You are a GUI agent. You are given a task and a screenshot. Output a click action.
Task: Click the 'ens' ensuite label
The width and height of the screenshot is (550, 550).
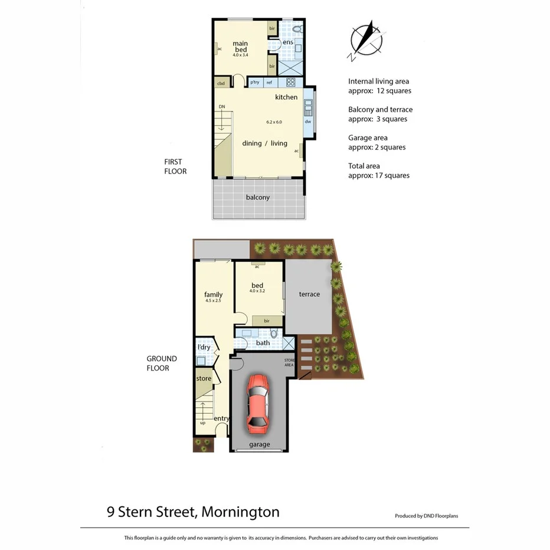pyautogui.click(x=288, y=42)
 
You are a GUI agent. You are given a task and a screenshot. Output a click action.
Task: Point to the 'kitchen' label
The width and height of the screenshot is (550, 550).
pyautogui.click(x=286, y=97)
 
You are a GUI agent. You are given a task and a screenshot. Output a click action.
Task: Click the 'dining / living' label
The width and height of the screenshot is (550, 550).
pyautogui.click(x=264, y=143)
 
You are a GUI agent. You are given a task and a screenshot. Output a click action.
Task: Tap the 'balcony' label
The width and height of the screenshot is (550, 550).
pyautogui.click(x=258, y=197)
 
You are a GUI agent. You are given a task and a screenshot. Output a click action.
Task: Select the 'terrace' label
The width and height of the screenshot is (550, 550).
pyautogui.click(x=309, y=294)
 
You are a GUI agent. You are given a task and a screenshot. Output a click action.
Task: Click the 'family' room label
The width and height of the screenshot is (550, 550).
pyautogui.click(x=213, y=294)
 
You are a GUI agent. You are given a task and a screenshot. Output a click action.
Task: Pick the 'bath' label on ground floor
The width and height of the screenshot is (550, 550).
pyautogui.click(x=263, y=343)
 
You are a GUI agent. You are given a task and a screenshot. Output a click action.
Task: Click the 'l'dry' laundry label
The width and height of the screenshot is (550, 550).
pyautogui.click(x=203, y=348)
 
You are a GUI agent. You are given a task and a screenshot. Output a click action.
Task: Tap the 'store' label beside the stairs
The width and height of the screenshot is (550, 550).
pyautogui.click(x=204, y=378)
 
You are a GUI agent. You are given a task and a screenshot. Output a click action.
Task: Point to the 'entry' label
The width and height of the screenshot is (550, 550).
pyautogui.click(x=221, y=418)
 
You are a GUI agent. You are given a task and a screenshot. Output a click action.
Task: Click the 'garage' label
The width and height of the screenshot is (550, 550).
pyautogui.click(x=259, y=444)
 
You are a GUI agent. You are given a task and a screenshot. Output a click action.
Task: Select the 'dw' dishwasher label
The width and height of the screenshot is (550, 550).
pyautogui.click(x=307, y=122)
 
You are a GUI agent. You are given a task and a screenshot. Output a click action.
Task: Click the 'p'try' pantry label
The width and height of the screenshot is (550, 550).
pyautogui.click(x=255, y=83)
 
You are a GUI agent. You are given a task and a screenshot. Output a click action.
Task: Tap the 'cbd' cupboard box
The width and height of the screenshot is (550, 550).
pyautogui.click(x=221, y=83)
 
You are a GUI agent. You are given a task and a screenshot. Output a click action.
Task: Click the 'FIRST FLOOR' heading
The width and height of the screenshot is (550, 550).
pyautogui.click(x=175, y=166)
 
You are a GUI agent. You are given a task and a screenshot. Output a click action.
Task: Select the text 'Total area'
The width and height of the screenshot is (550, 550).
pyautogui.click(x=364, y=166)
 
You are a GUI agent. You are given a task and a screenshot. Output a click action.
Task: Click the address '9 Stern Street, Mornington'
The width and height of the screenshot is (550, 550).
pyautogui.click(x=193, y=512)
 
